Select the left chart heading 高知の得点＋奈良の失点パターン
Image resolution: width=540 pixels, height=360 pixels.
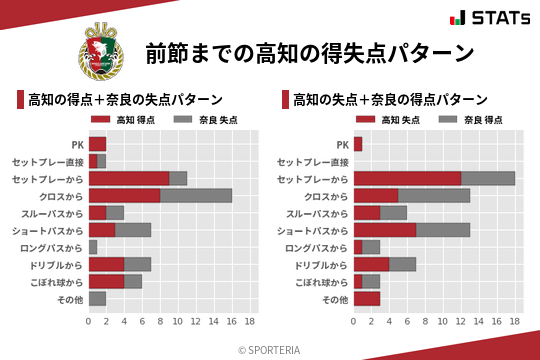[125, 99]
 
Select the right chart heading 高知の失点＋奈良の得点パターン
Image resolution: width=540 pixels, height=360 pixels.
[390, 99]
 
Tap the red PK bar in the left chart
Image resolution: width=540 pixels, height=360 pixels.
[97, 144]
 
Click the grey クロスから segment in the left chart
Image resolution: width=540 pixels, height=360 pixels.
[196, 195]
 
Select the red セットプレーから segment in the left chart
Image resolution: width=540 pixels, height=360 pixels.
[129, 178]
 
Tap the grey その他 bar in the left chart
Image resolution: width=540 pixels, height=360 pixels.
[97, 298]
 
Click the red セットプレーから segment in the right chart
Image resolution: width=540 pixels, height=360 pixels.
[407, 178]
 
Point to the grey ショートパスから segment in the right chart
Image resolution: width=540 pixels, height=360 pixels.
[443, 230]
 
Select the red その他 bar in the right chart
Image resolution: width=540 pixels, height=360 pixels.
[367, 298]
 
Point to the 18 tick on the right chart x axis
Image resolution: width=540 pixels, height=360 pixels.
[515, 322]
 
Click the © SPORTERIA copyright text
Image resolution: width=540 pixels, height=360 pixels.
[270, 349]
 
